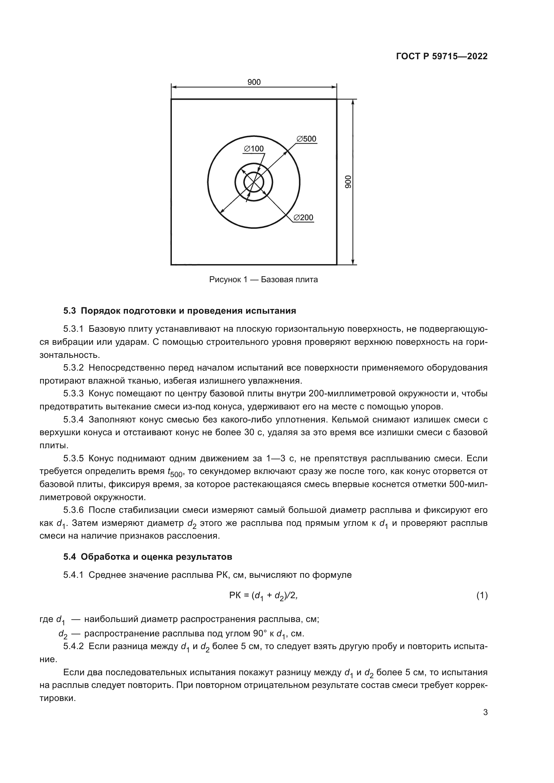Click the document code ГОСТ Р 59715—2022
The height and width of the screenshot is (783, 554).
pos(441,57)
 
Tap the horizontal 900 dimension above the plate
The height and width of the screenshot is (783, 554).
pos(254,82)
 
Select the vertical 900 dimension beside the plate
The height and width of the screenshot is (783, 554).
pos(348,182)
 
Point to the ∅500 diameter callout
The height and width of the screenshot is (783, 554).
pos(306,139)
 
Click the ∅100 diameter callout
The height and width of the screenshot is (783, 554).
pos(254,149)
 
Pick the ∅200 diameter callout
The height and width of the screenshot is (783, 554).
pos(303,218)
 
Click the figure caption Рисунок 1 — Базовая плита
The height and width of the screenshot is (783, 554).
pos(263,280)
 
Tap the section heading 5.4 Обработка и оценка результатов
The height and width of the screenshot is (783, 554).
pos(147,557)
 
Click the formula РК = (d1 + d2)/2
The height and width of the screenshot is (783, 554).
pos(263,596)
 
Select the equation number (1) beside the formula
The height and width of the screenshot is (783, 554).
pos(482,596)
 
